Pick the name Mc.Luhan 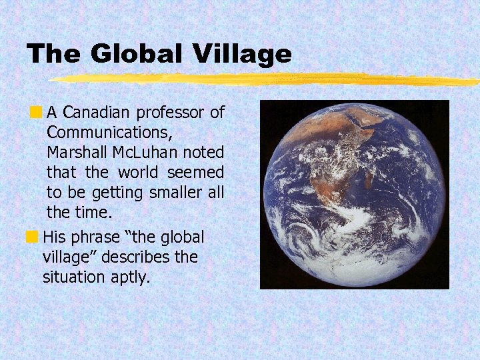pos(148,152)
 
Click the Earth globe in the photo pos(355,195)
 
